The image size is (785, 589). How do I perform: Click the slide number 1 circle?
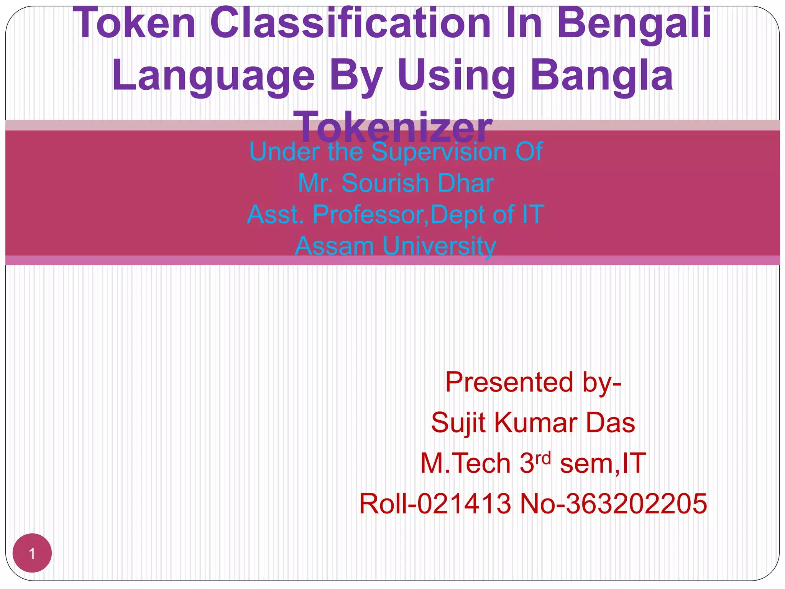point(32,553)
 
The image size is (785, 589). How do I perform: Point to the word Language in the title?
point(213,76)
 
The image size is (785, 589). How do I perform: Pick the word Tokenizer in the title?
point(395,127)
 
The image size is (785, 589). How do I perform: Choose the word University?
point(439,247)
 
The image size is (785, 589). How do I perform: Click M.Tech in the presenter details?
point(465,464)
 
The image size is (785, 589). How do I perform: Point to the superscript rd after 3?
point(543,458)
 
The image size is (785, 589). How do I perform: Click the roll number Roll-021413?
point(435,504)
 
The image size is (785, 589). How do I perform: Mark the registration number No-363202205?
point(613,504)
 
